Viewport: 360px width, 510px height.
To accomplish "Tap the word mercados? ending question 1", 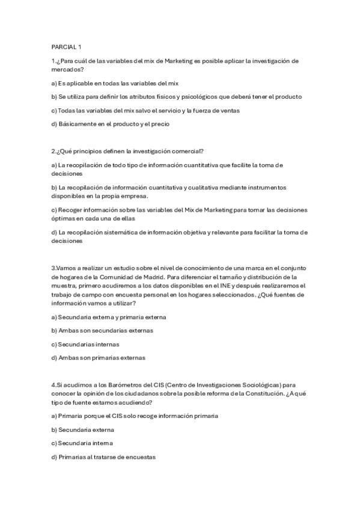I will (67, 70).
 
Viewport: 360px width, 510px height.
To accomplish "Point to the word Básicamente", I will (78, 124).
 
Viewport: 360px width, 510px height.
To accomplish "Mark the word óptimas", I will (65, 219).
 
